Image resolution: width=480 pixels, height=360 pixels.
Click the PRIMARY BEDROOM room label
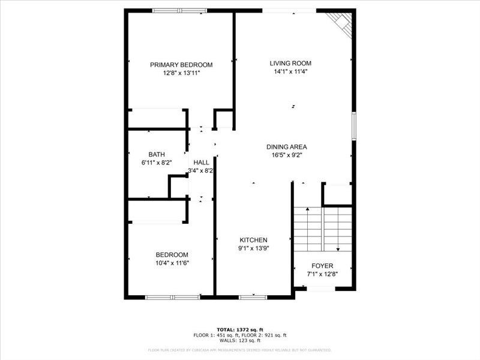coord(181,65)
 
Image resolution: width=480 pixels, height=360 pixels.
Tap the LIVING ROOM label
coord(290,63)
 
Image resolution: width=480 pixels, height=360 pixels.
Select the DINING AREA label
coord(287,147)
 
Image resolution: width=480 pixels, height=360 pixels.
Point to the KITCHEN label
coord(253,240)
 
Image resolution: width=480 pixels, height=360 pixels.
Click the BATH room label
coord(157,154)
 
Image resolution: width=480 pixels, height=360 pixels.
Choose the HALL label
coord(202,163)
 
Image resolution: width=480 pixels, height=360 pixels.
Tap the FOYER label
coord(322,266)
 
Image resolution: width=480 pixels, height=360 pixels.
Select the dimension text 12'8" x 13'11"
coord(181,73)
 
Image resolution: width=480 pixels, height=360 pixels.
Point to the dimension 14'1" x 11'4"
coord(290,71)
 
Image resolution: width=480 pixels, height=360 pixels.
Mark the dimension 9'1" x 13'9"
coord(253,248)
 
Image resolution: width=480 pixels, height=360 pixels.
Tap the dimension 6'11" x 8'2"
coord(157,163)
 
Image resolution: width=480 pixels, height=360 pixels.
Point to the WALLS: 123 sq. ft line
coord(240,340)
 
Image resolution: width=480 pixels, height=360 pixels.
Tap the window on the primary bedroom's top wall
coord(179,10)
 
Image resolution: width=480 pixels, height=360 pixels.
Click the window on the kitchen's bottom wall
coord(253,297)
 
